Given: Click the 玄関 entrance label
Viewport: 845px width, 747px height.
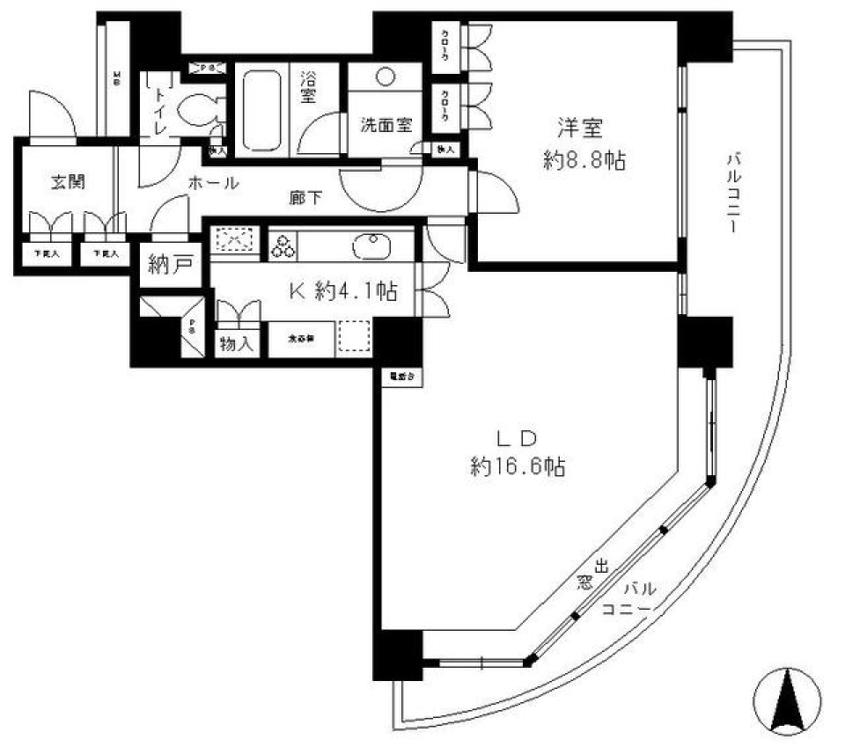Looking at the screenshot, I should pyautogui.click(x=61, y=183).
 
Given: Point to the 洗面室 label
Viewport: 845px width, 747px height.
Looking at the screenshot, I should pyautogui.click(x=386, y=125).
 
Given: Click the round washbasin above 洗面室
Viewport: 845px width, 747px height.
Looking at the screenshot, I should pyautogui.click(x=386, y=76).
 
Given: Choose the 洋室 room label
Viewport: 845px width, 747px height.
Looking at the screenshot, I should pyautogui.click(x=578, y=128).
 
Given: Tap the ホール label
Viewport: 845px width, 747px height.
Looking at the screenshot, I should pyautogui.click(x=212, y=183).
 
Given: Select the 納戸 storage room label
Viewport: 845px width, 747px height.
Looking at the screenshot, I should pyautogui.click(x=170, y=265).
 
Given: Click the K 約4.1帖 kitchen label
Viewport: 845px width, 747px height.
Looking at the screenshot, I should pyautogui.click(x=343, y=292).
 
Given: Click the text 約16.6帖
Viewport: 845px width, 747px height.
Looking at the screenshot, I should pyautogui.click(x=517, y=468).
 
